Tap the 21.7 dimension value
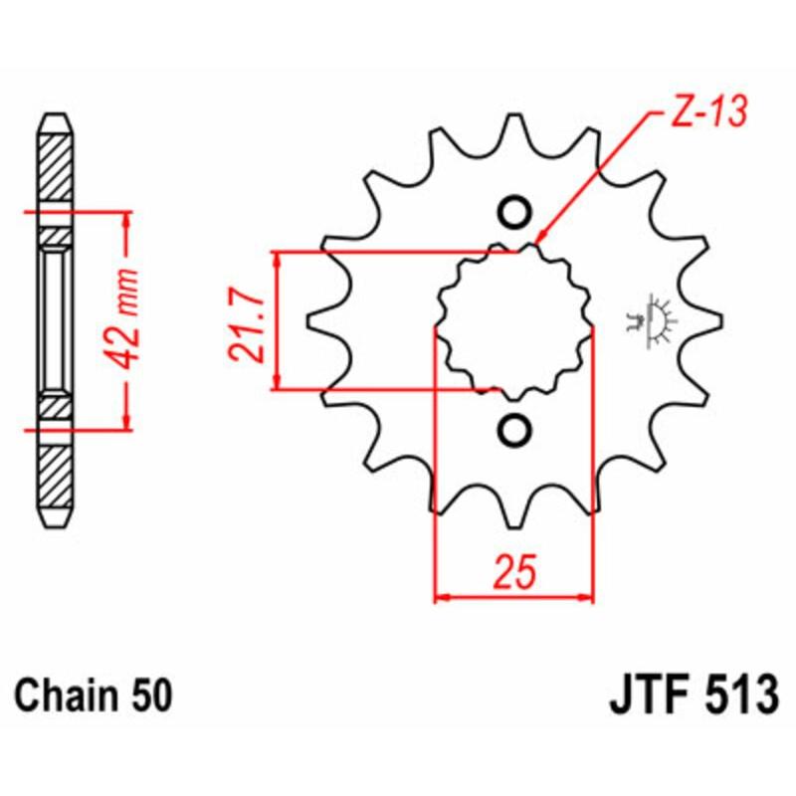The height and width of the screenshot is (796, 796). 249,320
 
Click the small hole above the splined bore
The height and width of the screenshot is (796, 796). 514,212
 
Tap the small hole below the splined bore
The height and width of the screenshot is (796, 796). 514,429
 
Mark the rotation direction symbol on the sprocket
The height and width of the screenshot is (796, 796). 650,320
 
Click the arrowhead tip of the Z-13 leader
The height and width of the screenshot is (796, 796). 537,242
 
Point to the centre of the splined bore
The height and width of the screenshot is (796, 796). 514,320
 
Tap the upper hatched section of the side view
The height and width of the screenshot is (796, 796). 55,164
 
